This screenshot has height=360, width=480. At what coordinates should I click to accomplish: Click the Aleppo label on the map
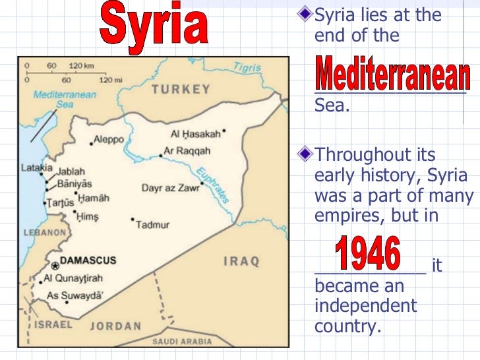(108, 139)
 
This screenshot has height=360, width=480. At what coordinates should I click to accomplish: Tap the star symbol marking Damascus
(55, 266)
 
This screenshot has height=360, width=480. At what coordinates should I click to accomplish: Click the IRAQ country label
(241, 261)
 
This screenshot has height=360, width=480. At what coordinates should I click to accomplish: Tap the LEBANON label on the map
(45, 233)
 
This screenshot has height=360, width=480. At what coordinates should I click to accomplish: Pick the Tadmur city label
(153, 225)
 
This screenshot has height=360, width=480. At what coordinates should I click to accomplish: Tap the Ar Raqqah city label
(181, 151)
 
